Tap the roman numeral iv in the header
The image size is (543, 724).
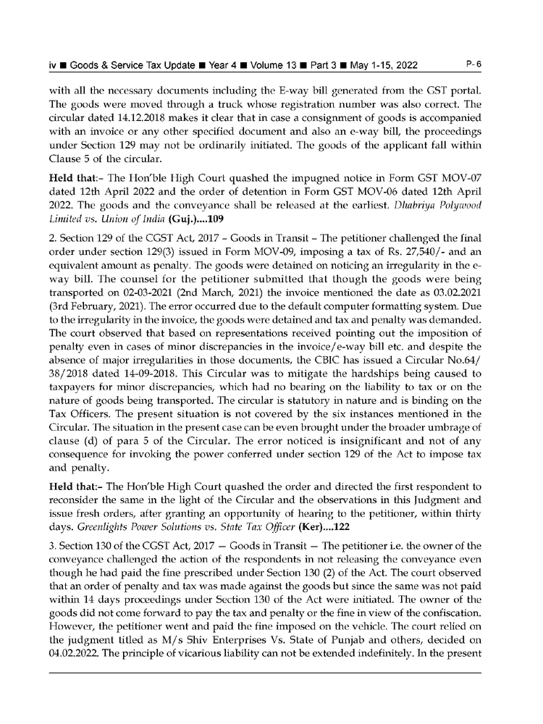pos(53,65)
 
